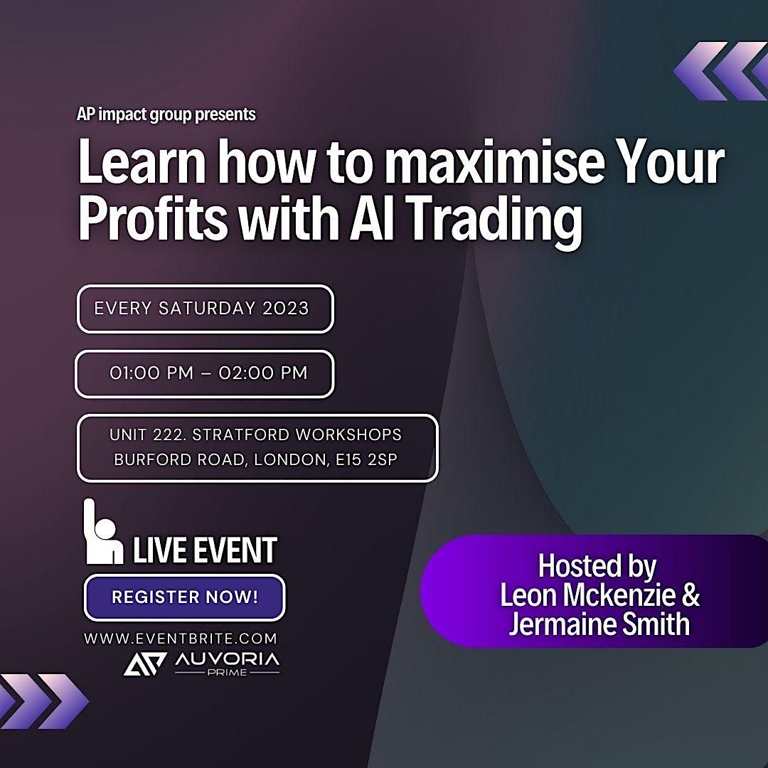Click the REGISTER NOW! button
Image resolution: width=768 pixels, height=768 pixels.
pyautogui.click(x=184, y=597)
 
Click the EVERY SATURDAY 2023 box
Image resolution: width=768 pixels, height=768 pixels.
pyautogui.click(x=205, y=309)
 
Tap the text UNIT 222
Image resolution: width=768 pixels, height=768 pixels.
pyautogui.click(x=149, y=434)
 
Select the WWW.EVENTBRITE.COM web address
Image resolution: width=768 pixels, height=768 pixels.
pyautogui.click(x=181, y=639)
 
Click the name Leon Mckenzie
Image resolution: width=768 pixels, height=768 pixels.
pyautogui.click(x=599, y=595)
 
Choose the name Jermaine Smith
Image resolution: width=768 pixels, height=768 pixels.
pyautogui.click(x=599, y=624)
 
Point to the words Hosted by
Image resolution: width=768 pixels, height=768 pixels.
pyautogui.click(x=597, y=567)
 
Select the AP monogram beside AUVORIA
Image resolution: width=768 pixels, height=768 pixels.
pyautogui.click(x=145, y=663)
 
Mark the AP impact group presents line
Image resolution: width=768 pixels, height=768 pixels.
pyautogui.click(x=166, y=114)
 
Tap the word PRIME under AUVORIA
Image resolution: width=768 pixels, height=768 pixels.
pyautogui.click(x=227, y=672)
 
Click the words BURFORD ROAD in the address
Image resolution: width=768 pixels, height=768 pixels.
pyautogui.click(x=181, y=459)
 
